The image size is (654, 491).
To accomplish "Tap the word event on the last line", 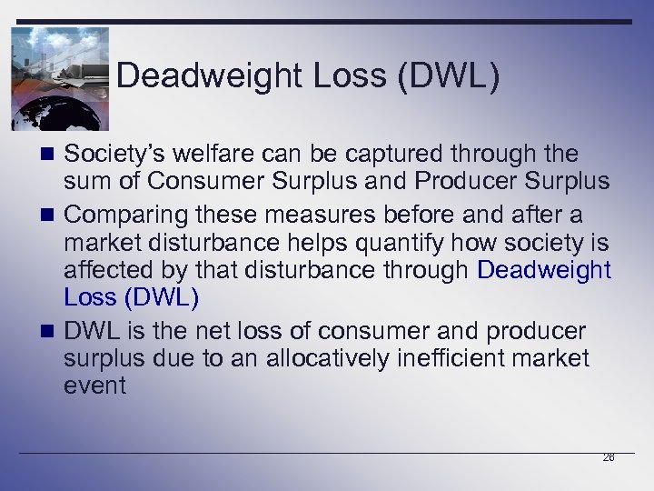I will click(x=94, y=386).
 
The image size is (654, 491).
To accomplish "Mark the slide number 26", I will click(x=609, y=457).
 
